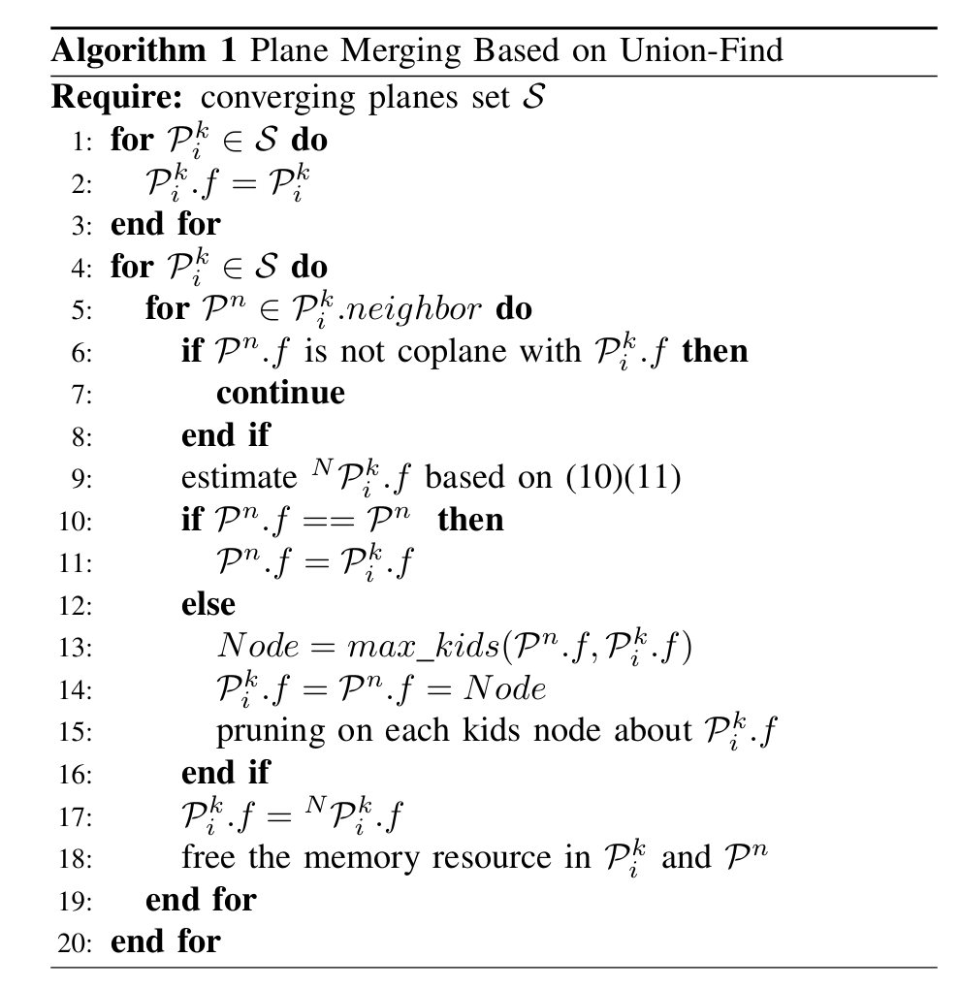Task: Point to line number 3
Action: (x=81, y=225)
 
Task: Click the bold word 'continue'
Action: (x=280, y=393)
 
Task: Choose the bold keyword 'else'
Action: (x=208, y=604)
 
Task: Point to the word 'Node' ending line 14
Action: (x=503, y=689)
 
